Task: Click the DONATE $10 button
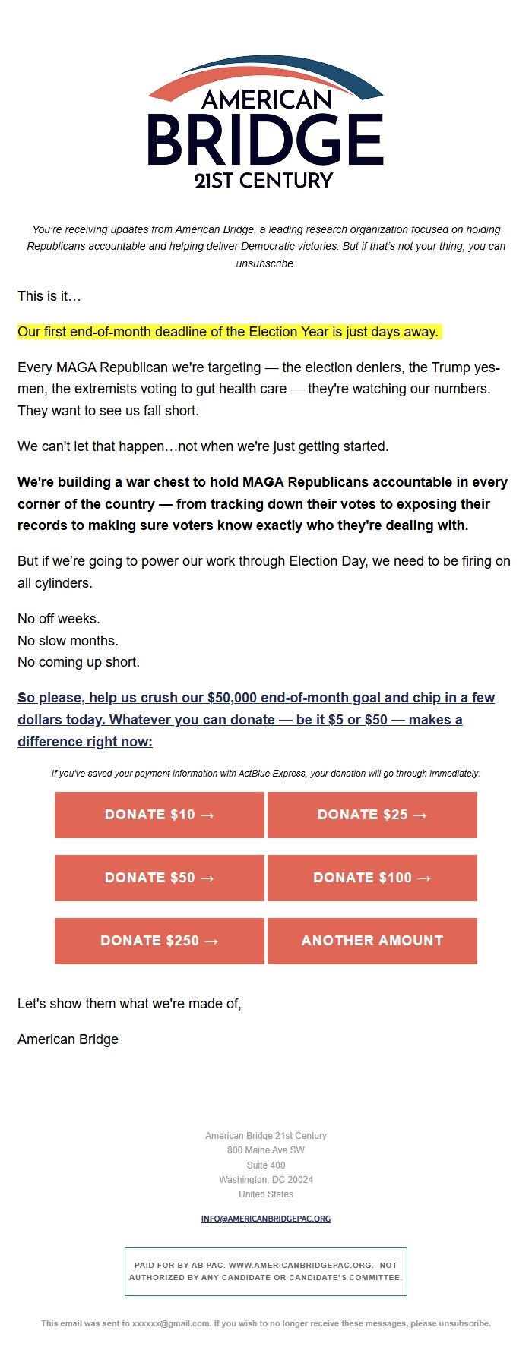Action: coord(160,815)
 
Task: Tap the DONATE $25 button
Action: coord(372,815)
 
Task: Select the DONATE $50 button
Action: coord(160,878)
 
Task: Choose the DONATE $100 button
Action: coord(372,878)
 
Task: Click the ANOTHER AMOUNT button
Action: coord(372,941)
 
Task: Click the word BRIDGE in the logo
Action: coord(265,140)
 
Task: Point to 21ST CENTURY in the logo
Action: coord(264,181)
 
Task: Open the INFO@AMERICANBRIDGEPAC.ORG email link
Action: coord(266,1219)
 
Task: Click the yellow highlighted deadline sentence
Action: coord(228,332)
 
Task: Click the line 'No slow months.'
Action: coord(68,641)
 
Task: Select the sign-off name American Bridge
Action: coord(68,1039)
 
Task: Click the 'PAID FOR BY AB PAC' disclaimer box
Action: coord(266,1271)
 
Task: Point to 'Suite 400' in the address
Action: coord(266,1165)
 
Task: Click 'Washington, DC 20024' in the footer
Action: coord(266,1180)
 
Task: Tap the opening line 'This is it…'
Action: coord(49,296)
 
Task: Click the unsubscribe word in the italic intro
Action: coord(265,264)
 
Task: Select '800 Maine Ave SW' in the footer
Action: coord(266,1150)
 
